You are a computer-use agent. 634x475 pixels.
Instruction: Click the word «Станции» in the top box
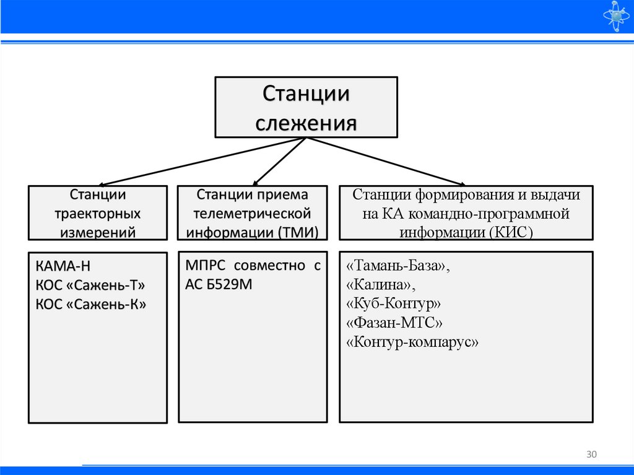(306, 95)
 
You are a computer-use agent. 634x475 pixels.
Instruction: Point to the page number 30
(591, 455)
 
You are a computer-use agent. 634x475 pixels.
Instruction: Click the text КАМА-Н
(63, 268)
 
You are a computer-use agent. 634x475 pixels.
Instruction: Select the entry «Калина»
(381, 285)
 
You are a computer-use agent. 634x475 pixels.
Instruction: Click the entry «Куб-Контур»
(394, 304)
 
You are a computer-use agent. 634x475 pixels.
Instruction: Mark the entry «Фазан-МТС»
(395, 323)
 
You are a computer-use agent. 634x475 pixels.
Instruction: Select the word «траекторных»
(98, 214)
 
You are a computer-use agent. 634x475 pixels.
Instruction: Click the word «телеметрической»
(252, 214)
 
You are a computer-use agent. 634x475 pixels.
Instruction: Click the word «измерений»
(98, 233)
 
